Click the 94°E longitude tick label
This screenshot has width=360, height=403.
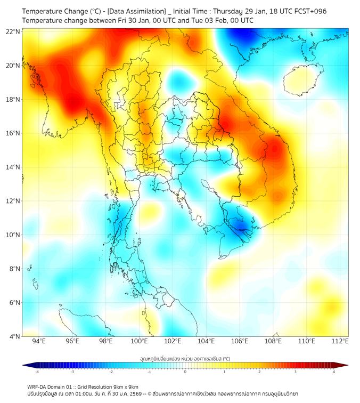(39, 341)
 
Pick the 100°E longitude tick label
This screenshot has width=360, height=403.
(140, 341)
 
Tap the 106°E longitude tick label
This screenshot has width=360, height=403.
(240, 341)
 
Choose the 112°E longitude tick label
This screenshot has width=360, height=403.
(340, 341)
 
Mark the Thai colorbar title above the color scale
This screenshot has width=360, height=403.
(185, 359)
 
